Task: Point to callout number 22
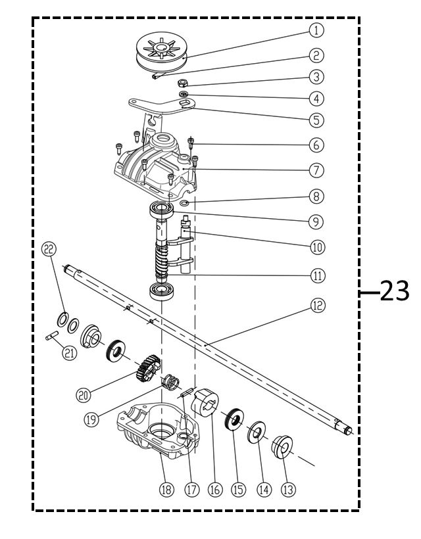49,248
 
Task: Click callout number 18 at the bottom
167,490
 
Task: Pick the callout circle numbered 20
83,395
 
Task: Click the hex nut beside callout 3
185,84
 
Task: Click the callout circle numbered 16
214,490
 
